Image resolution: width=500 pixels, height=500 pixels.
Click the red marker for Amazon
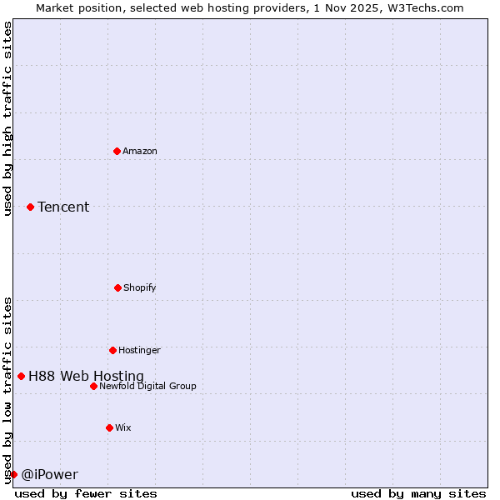pos(117,151)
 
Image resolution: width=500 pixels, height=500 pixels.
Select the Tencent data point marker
pos(30,207)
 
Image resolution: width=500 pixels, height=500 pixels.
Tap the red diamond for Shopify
pos(117,287)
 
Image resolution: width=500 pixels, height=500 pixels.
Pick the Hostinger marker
pos(112,350)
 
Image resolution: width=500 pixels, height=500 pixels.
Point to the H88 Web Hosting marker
pos(21,376)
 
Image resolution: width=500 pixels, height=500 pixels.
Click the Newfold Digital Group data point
pos(93,386)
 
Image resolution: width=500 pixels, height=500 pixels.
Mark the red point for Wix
pos(109,427)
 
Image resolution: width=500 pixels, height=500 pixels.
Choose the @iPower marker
pos(13,474)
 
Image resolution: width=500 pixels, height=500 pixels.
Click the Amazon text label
pos(140,151)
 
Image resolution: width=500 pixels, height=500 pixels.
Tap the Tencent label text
pos(63,207)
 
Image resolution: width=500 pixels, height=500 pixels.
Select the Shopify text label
pos(140,287)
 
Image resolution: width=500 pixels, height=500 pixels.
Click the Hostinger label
pos(139,350)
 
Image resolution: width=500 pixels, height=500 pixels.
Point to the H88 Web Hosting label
pos(86,376)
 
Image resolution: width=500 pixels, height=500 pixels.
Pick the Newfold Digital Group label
pos(147,386)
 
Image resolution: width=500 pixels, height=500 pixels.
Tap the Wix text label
pos(123,427)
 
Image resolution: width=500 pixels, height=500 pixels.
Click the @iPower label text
pos(49,474)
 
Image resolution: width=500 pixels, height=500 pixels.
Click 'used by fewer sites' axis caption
pos(86,493)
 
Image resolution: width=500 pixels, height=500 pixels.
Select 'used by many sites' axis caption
pos(418,493)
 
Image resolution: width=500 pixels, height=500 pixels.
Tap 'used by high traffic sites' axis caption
pos(7,118)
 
